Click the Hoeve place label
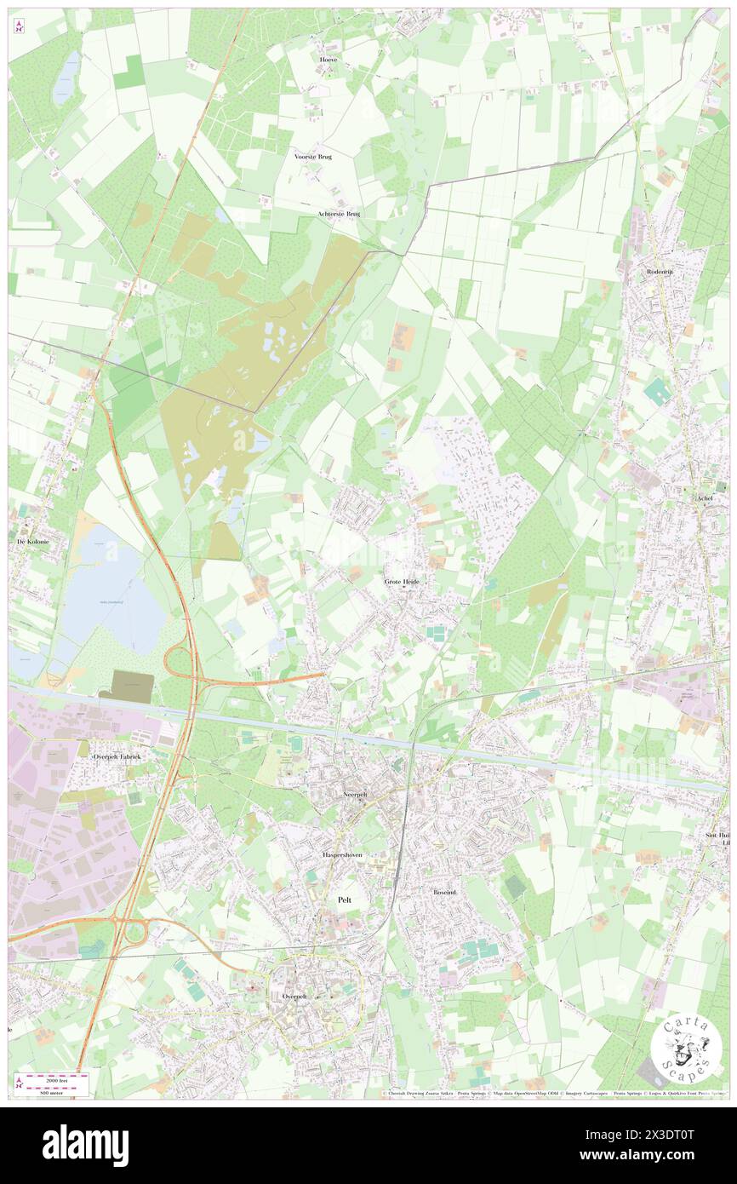click(328, 60)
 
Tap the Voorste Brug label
click(313, 157)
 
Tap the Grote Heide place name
click(402, 581)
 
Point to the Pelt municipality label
click(345, 899)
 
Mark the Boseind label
click(444, 892)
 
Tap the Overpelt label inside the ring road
click(288, 996)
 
